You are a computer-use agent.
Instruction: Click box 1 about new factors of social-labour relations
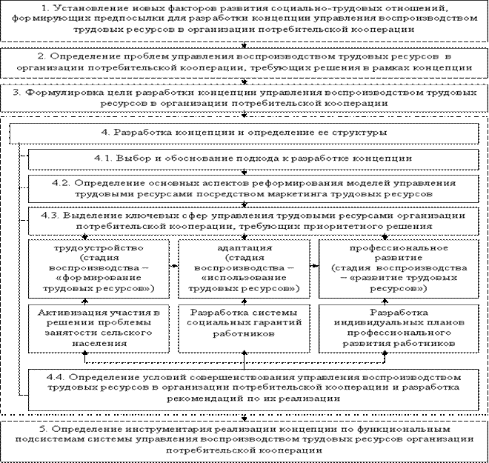tap(244, 18)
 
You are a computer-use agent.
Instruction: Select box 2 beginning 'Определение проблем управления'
tap(244, 61)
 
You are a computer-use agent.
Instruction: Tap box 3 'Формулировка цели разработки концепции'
tap(244, 98)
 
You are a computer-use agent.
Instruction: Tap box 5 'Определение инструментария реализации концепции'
tap(244, 439)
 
